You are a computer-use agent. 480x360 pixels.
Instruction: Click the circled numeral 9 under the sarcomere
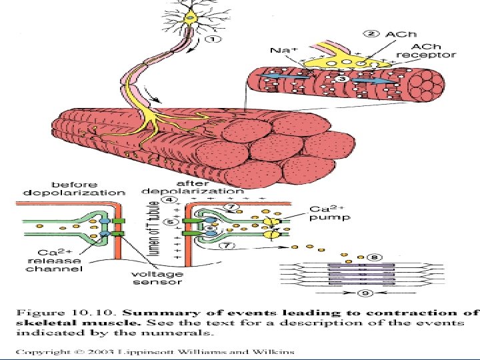tap(364, 292)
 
